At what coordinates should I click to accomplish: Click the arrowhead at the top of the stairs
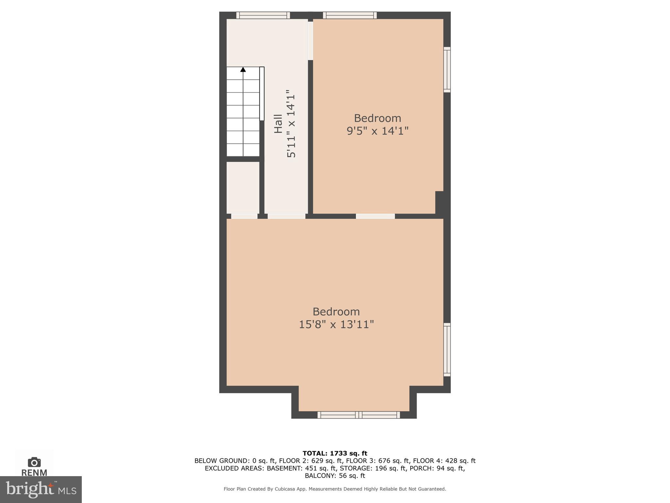coord(243,69)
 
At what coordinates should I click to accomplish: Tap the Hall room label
coord(278,123)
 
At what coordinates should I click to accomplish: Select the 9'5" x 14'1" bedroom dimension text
coord(378,131)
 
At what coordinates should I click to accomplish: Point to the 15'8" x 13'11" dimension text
coord(336,325)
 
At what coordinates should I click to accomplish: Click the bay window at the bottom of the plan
coord(359,415)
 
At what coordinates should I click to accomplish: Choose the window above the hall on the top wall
coord(263,15)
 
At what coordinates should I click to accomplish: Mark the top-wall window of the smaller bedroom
coord(350,15)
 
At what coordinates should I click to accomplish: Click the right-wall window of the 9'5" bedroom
coord(447,69)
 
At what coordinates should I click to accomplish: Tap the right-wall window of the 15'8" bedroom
coord(447,349)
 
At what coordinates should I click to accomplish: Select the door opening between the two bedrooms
coord(375,216)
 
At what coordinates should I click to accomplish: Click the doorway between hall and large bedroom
coord(286,216)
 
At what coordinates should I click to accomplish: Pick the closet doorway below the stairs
coord(244,216)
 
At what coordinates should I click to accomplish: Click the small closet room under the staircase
coord(243,187)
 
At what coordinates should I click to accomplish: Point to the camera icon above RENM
coord(34,462)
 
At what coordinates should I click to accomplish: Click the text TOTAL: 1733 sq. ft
coord(335,453)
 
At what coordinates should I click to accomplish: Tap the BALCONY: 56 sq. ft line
coord(335,476)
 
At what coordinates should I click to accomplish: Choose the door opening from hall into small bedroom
coord(310,41)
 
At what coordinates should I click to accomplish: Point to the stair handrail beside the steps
coord(262,94)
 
